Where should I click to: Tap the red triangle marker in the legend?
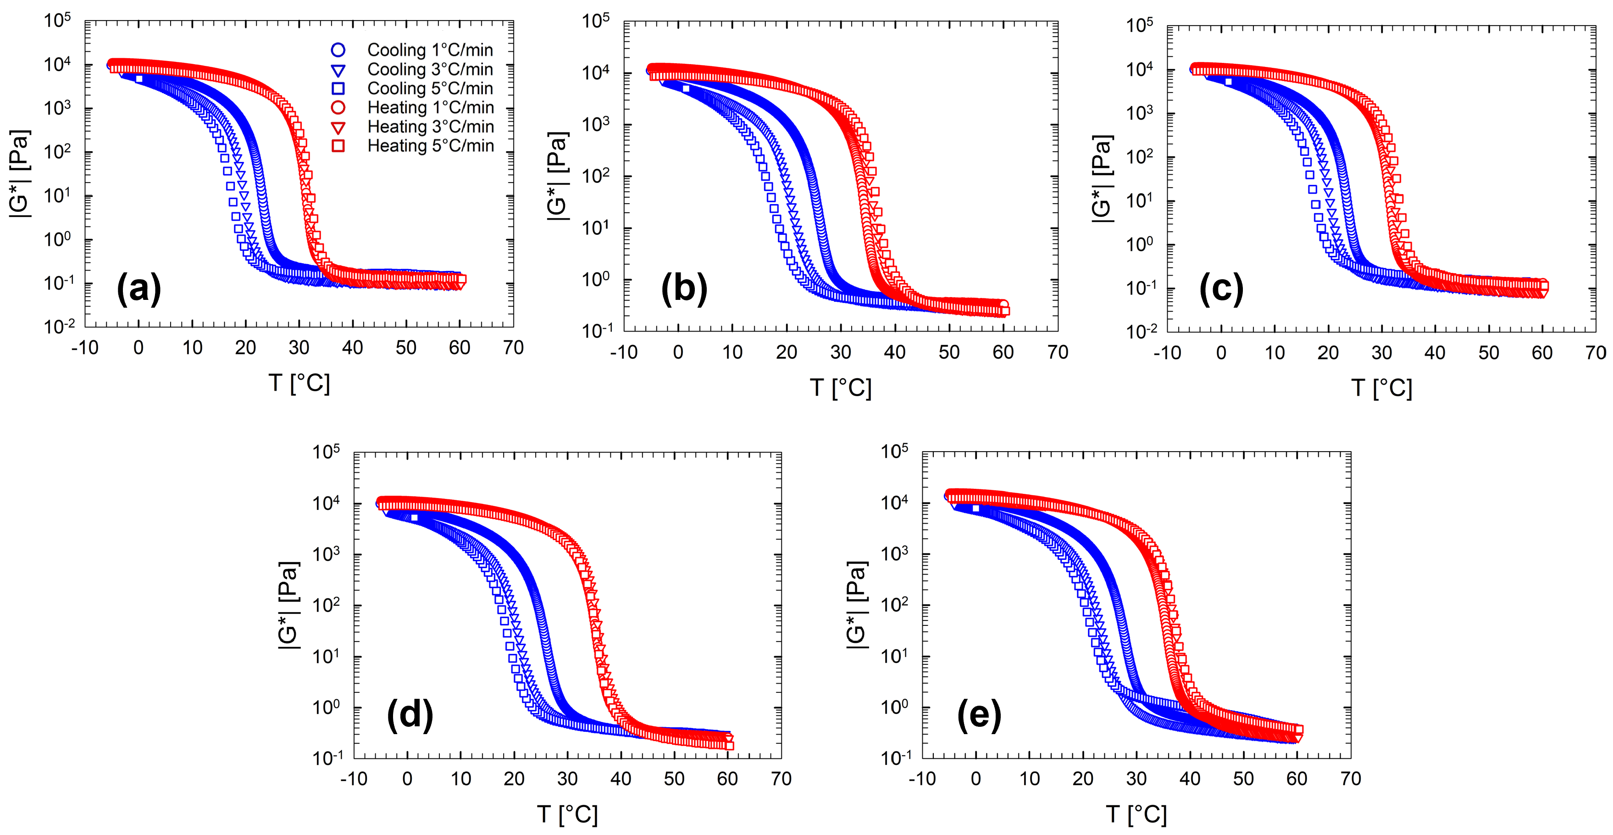(338, 127)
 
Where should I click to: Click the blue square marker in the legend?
(338, 89)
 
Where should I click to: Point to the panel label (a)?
(139, 289)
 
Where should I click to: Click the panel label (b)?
(684, 289)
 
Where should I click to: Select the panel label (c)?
(1220, 289)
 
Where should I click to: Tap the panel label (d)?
(410, 715)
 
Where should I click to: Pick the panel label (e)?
(979, 715)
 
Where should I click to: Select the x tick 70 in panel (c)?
(1596, 353)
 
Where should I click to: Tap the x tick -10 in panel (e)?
(922, 780)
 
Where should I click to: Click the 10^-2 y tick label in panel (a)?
(60, 326)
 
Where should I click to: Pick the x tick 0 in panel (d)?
(407, 780)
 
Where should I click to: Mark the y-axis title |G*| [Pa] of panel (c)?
(1102, 179)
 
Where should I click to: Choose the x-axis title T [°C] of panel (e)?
(1136, 814)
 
